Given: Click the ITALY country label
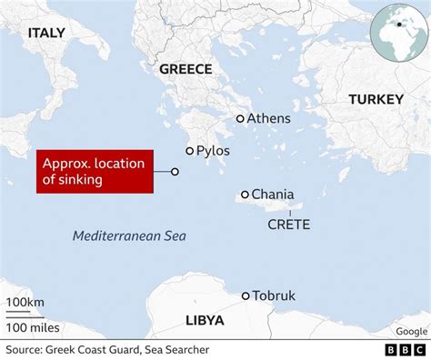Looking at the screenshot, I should click(x=46, y=33).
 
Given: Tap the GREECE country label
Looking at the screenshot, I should click(x=185, y=69).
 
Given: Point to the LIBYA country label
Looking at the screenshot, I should click(x=205, y=320).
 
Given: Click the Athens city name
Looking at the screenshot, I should click(x=269, y=118).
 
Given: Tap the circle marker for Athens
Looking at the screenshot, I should click(x=240, y=118).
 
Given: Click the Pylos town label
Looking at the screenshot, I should click(x=213, y=151).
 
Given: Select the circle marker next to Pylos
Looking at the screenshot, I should click(x=189, y=151).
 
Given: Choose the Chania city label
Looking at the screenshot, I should click(x=273, y=194).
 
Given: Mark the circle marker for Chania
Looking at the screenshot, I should click(x=245, y=194).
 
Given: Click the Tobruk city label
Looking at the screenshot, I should click(x=275, y=295).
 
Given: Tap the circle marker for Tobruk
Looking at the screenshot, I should click(x=246, y=295).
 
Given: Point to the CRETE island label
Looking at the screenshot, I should click(x=289, y=224).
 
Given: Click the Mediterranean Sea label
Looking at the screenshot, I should click(x=129, y=236).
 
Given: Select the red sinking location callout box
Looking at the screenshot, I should click(x=94, y=172).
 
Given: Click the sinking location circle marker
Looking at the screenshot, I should click(x=175, y=171).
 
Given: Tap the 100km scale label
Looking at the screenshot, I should click(x=25, y=302).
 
